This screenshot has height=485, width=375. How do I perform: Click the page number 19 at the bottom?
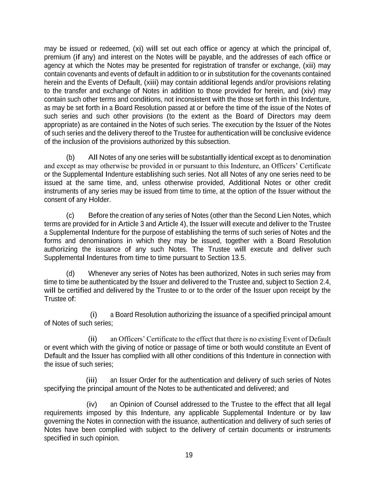pos(189,455)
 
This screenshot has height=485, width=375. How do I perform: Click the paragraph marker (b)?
pos(70,157)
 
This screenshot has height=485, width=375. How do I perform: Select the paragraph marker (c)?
pos(70,215)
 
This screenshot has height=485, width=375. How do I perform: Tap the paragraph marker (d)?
pos(70,274)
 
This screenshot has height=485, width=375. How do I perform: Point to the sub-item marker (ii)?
pos(92,339)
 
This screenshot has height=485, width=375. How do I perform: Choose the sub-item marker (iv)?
pos(92,404)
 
